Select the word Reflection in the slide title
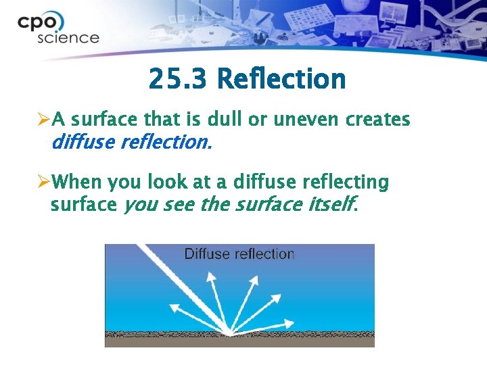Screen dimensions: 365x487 (281, 80)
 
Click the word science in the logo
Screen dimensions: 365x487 (68, 38)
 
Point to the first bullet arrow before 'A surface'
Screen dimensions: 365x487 (44, 120)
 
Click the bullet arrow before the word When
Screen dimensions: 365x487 (44, 182)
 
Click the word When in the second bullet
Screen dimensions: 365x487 (75, 182)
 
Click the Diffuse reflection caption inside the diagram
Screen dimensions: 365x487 (239, 254)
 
